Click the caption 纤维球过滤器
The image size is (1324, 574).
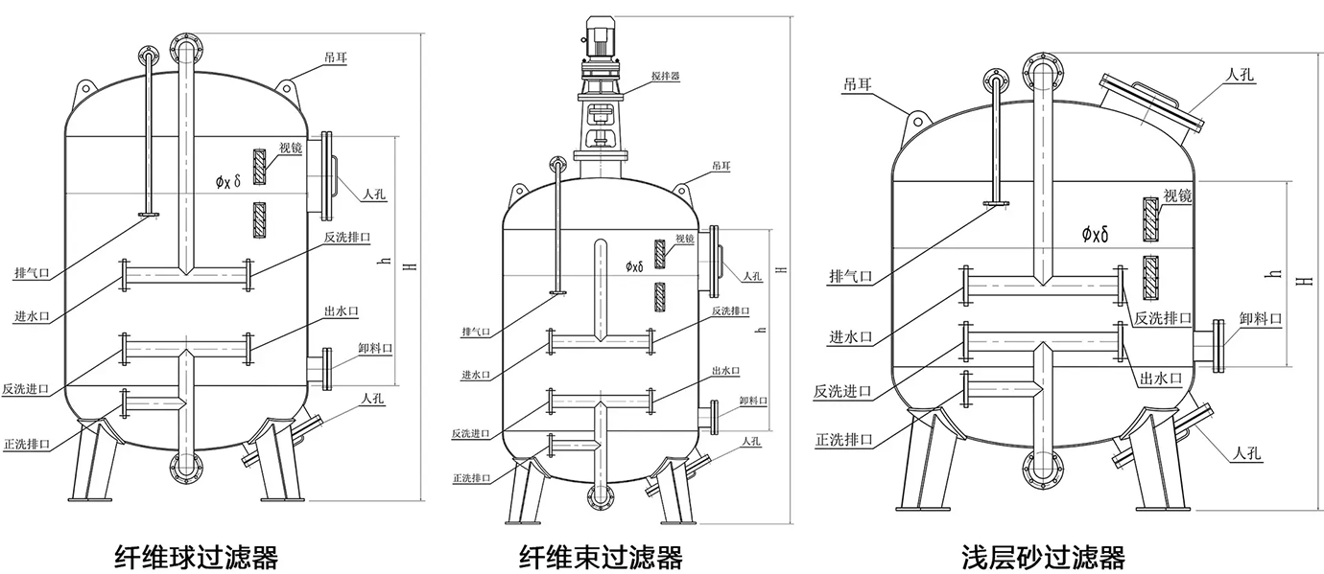[x=197, y=555]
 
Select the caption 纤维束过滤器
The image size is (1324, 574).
[x=602, y=556]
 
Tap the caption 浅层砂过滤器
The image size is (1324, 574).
[x=1044, y=556]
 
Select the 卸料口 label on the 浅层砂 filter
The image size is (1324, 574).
[x=1260, y=318]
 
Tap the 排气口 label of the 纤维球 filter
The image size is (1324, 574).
[x=33, y=273]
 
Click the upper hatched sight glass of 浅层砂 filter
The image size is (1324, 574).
[x=1149, y=220]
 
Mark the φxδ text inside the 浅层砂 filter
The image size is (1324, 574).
[x=1095, y=233]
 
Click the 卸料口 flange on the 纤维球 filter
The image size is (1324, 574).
[x=326, y=367]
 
